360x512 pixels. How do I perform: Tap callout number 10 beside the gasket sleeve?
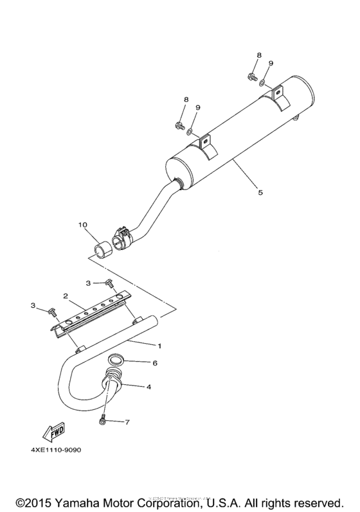pos(82,225)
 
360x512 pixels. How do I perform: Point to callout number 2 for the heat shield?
pos(66,296)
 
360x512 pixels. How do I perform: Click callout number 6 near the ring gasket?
pos(154,363)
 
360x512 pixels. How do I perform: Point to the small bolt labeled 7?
pos(103,420)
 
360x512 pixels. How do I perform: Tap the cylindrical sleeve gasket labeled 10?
pos(102,246)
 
